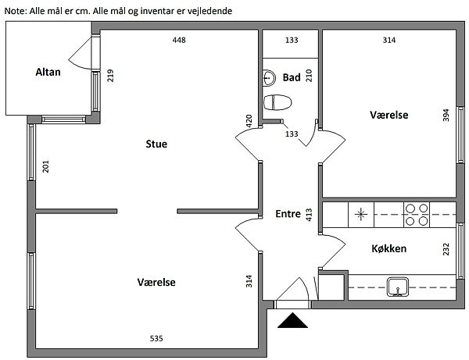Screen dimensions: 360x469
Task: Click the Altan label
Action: click(48, 73)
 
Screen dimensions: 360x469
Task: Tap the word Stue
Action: click(156, 144)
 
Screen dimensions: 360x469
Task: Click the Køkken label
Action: click(393, 249)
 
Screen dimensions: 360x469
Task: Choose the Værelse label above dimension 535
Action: click(156, 282)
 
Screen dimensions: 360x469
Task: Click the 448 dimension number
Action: click(179, 40)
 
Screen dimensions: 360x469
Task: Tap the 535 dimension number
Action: click(157, 338)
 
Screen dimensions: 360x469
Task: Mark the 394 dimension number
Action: click(446, 116)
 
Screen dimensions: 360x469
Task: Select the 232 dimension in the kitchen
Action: click(446, 249)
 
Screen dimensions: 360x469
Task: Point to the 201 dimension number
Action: click(46, 166)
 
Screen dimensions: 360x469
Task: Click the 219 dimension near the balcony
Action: click(110, 77)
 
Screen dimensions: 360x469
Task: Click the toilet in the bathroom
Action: click(277, 102)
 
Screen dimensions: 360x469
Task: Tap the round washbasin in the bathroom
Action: click(269, 77)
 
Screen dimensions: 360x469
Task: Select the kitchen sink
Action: click(399, 287)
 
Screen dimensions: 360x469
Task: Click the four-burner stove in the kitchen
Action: click(416, 215)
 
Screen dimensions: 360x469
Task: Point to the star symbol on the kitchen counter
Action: click(360, 214)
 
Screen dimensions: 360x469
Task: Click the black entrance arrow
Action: click(293, 319)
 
